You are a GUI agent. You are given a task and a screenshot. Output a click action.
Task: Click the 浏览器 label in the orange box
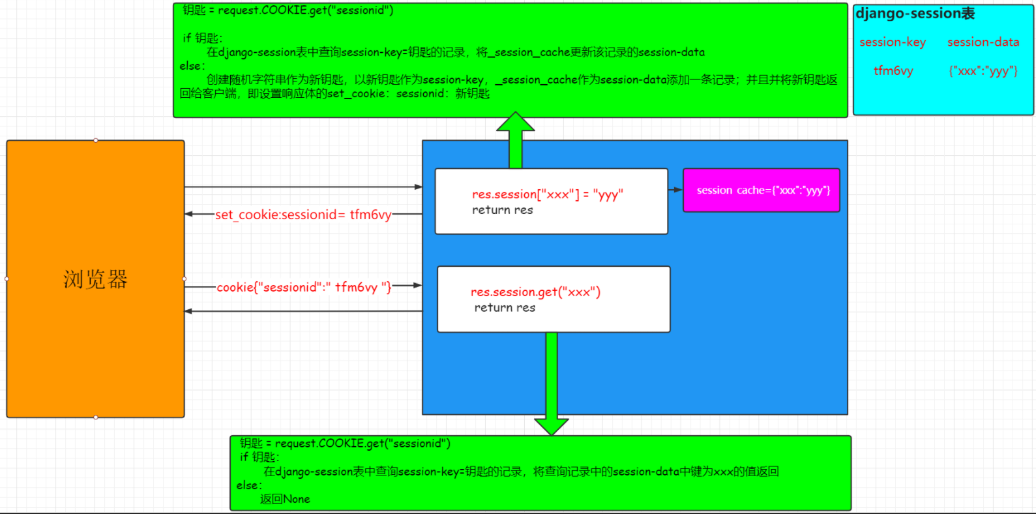tap(95, 279)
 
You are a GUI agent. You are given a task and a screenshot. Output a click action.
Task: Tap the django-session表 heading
tap(915, 14)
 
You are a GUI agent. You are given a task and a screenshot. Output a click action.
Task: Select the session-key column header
tap(893, 42)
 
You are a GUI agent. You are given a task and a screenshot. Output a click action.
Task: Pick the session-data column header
tap(983, 42)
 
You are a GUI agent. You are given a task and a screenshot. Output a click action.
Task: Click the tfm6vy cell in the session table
tap(893, 71)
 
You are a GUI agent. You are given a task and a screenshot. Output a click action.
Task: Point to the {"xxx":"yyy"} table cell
tap(983, 71)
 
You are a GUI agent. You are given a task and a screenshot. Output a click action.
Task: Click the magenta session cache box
tap(762, 190)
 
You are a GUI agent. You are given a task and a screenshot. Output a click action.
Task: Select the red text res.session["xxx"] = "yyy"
tap(548, 194)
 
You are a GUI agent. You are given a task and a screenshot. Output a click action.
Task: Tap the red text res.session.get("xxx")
tap(535, 292)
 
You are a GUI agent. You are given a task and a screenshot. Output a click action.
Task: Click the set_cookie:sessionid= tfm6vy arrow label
tap(303, 215)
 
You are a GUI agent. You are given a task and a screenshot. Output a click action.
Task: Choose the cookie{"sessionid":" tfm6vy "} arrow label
tap(304, 287)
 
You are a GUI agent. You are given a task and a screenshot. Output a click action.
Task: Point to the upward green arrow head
tap(515, 121)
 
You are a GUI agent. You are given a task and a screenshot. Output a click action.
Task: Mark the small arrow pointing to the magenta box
tap(675, 190)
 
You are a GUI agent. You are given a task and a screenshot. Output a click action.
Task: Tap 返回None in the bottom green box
tap(285, 499)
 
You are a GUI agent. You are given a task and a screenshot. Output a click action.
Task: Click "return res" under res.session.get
tap(505, 308)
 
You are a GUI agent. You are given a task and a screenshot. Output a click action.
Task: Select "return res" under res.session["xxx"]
tap(502, 210)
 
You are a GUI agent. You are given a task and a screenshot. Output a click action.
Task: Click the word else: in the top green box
tap(192, 66)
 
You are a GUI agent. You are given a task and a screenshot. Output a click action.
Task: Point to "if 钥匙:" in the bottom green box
tap(259, 457)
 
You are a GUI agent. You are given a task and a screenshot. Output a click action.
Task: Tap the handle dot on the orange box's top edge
tap(96, 140)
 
